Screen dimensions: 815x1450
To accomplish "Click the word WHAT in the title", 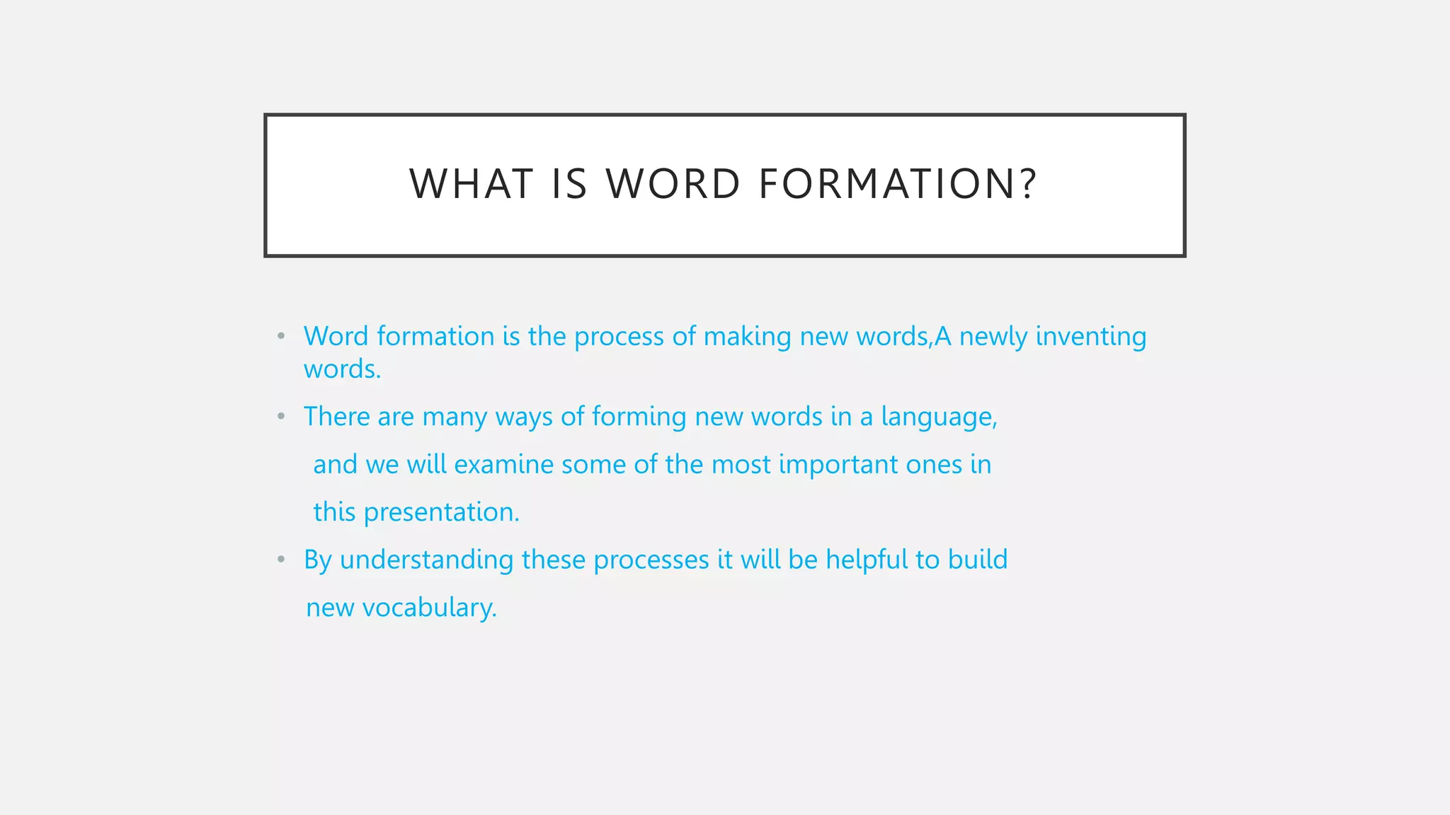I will tap(471, 184).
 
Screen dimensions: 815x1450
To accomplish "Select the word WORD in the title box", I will tap(673, 184).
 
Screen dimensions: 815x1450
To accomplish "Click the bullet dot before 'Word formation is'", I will tap(281, 336).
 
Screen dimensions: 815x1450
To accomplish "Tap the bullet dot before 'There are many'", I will tap(281, 417).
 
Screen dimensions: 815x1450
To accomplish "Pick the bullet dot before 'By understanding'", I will tap(281, 560).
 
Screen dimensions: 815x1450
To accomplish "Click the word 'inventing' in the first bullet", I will tap(1090, 337).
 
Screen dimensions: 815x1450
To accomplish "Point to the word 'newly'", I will tap(993, 337).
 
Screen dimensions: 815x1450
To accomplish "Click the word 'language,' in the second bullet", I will tap(939, 417).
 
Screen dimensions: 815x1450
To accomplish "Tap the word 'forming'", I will tap(639, 417).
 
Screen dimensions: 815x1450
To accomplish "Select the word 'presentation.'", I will tap(441, 513).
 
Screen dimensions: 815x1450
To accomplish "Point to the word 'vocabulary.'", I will tap(429, 608).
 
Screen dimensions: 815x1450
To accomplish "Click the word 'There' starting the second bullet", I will tap(336, 417).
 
